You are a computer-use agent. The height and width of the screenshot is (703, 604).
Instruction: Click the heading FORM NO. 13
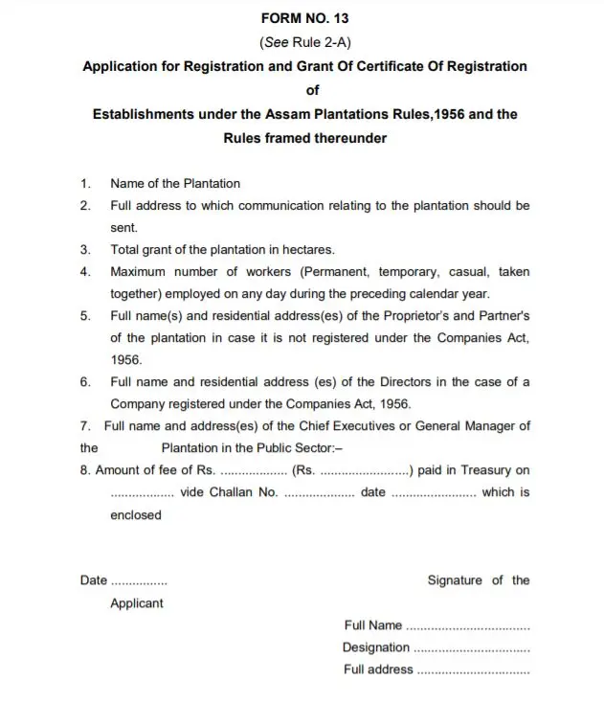(x=304, y=19)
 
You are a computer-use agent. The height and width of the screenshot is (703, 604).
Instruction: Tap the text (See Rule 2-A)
(x=304, y=43)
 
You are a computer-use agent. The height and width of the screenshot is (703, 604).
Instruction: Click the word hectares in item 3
(x=305, y=249)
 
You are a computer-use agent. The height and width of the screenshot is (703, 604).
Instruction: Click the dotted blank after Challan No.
(x=320, y=493)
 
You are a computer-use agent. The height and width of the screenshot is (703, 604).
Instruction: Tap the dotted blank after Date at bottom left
(x=139, y=581)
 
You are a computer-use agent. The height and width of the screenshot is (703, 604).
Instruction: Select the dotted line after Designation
(x=474, y=649)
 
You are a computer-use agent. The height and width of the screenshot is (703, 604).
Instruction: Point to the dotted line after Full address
(x=475, y=671)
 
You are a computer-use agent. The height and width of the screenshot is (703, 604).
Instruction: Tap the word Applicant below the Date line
(x=137, y=603)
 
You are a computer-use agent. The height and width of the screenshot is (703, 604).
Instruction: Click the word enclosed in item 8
(x=136, y=514)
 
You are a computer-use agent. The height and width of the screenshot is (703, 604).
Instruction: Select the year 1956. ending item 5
(x=126, y=359)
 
